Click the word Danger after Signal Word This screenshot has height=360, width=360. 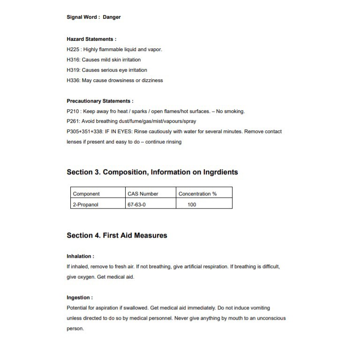(112, 17)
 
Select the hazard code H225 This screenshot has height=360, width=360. (74, 49)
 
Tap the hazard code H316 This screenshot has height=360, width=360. (74, 60)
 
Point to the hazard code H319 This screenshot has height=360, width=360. (74, 70)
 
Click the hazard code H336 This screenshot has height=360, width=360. (74, 80)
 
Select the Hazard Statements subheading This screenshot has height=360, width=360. (91, 39)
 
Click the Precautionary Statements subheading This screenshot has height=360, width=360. (100, 101)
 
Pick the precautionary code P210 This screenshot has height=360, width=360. (74, 111)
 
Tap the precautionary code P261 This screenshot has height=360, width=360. (74, 121)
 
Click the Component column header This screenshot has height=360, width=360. (86, 194)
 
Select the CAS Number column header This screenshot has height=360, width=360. (143, 194)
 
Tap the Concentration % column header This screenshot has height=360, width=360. (197, 194)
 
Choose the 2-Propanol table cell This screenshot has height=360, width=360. (85, 204)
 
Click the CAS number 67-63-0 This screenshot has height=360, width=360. (137, 204)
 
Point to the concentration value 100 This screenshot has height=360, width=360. (192, 204)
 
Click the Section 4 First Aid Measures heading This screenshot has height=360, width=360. (117, 235)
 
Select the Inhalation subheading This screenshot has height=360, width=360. (80, 256)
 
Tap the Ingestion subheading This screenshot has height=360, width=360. (80, 298)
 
